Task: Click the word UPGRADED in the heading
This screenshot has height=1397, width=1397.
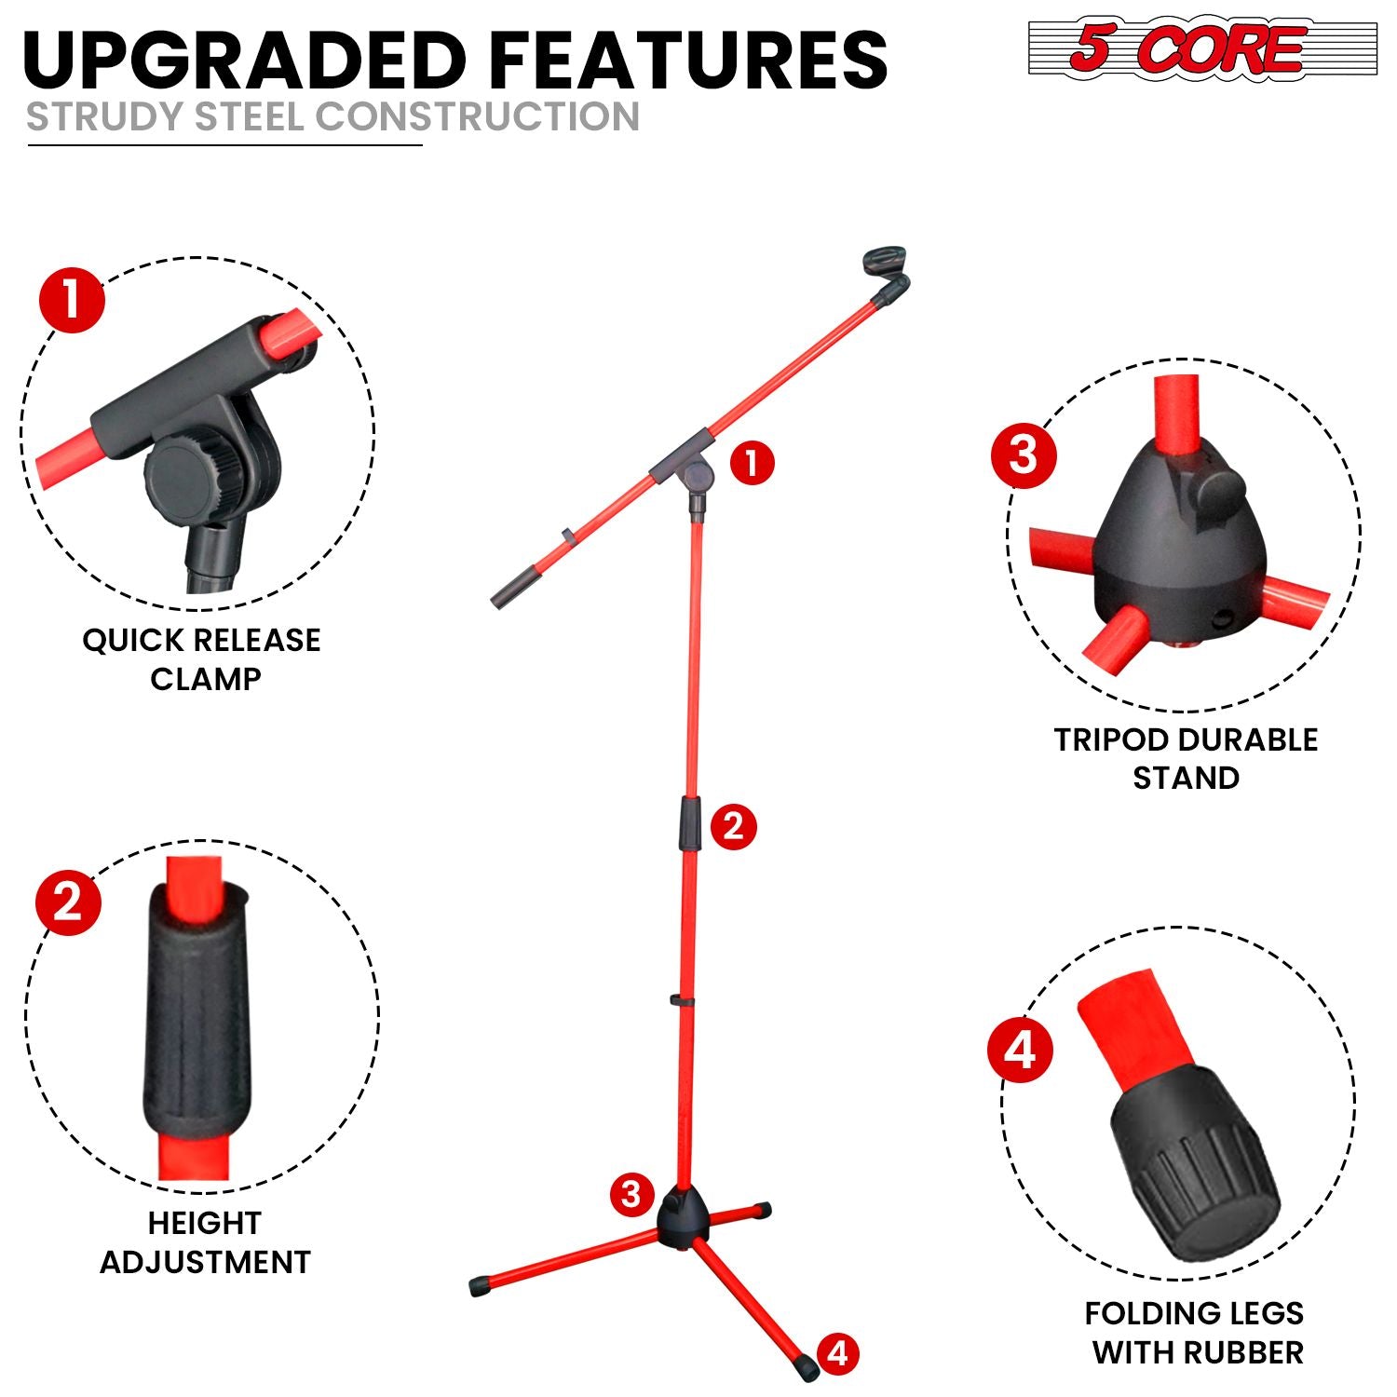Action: pos(244,60)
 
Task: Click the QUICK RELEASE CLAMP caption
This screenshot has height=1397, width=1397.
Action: pos(202,659)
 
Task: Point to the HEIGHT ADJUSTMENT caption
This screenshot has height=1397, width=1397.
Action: pos(205,1242)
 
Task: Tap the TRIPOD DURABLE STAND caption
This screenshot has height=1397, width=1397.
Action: pos(1186,758)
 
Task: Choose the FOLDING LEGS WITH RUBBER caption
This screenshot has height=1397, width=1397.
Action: pos(1196,1332)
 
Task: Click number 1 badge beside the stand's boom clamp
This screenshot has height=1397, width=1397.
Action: pos(752,463)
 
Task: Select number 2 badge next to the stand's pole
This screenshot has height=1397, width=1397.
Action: pos(733,826)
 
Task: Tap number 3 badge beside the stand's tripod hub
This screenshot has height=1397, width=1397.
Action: pos(631,1193)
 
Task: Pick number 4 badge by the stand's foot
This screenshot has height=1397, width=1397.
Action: pos(838,1352)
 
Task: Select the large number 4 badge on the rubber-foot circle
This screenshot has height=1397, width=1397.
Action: pos(1020,1050)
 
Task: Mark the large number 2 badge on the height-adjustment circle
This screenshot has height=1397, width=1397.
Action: pos(68,902)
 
